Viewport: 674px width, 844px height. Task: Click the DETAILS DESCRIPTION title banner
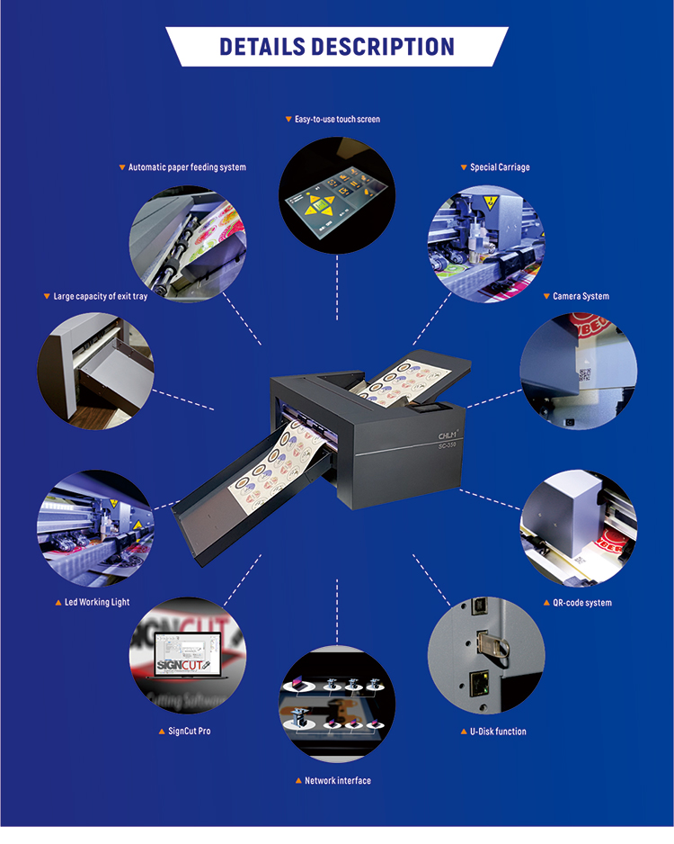tap(336, 47)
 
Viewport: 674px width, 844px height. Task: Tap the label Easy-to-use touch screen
tap(337, 119)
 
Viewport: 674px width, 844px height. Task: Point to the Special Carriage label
tap(500, 167)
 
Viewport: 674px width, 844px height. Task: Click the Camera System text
tap(581, 296)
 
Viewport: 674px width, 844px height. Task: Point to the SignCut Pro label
tap(189, 731)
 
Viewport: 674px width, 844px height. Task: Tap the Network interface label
tap(337, 781)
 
